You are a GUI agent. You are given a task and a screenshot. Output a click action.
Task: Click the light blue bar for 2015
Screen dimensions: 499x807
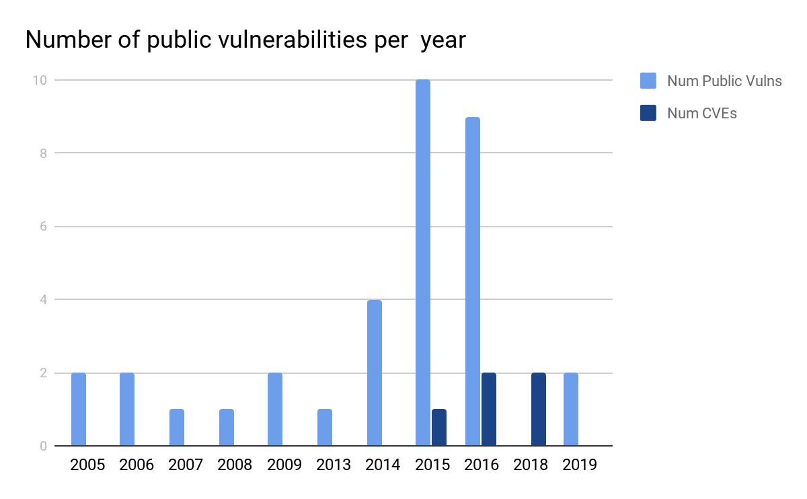[x=422, y=262]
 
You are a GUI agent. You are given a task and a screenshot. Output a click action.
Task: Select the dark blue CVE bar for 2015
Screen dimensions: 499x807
[x=438, y=427]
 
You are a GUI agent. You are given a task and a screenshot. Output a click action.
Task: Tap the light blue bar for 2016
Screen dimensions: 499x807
[x=472, y=281]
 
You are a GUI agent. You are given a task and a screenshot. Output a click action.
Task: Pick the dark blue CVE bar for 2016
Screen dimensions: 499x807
[x=488, y=409]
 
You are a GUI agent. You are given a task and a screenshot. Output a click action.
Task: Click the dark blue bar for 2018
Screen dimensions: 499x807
[x=538, y=409]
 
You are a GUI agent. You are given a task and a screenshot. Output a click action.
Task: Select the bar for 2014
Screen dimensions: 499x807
[x=374, y=373]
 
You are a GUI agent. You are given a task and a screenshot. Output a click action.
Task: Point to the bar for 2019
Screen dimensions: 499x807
[x=570, y=409]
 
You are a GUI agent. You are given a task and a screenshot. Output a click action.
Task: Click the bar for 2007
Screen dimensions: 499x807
[x=176, y=427]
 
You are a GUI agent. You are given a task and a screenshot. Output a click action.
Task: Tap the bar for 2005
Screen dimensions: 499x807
[x=79, y=409]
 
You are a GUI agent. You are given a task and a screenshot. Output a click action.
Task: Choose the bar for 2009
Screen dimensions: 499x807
[x=274, y=409]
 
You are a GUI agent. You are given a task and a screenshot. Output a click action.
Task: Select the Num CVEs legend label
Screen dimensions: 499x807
[x=701, y=113]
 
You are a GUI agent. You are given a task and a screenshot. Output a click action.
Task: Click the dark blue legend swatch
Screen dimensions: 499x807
[x=648, y=113]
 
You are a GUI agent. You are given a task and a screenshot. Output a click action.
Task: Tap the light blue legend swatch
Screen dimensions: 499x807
[x=648, y=81]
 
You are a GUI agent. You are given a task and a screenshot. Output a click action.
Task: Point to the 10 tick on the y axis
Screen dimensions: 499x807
[x=40, y=80]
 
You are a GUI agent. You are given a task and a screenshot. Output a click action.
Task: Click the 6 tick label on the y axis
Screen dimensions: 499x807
[x=42, y=227]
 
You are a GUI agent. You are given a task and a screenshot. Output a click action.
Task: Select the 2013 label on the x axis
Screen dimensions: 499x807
[x=334, y=465]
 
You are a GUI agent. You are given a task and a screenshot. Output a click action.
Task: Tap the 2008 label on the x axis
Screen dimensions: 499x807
[x=235, y=465]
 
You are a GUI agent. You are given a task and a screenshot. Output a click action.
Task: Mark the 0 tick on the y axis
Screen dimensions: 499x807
[x=42, y=446]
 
